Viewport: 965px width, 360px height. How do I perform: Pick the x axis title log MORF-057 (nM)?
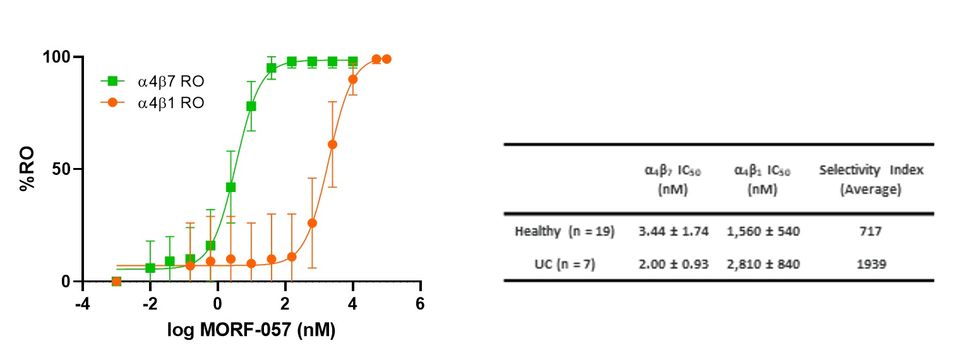click(x=251, y=330)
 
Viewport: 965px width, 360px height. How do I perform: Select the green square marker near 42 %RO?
click(x=231, y=187)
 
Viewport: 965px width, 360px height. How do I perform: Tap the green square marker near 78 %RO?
click(x=251, y=106)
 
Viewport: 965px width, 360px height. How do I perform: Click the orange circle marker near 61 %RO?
click(x=332, y=145)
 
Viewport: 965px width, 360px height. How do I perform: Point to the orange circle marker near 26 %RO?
click(x=312, y=223)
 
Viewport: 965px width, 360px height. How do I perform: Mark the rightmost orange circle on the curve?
click(x=387, y=59)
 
